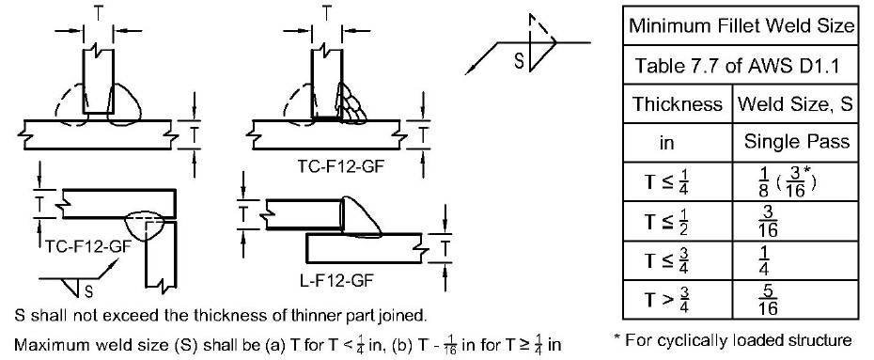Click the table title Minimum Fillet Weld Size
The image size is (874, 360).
point(741,25)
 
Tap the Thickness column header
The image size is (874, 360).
point(677,104)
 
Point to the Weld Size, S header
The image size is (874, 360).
point(796,104)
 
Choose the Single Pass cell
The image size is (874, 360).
point(797,142)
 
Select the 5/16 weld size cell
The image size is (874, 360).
point(768,300)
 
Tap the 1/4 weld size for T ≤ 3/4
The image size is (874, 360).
point(764,260)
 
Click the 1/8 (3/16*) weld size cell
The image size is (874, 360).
point(784,181)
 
